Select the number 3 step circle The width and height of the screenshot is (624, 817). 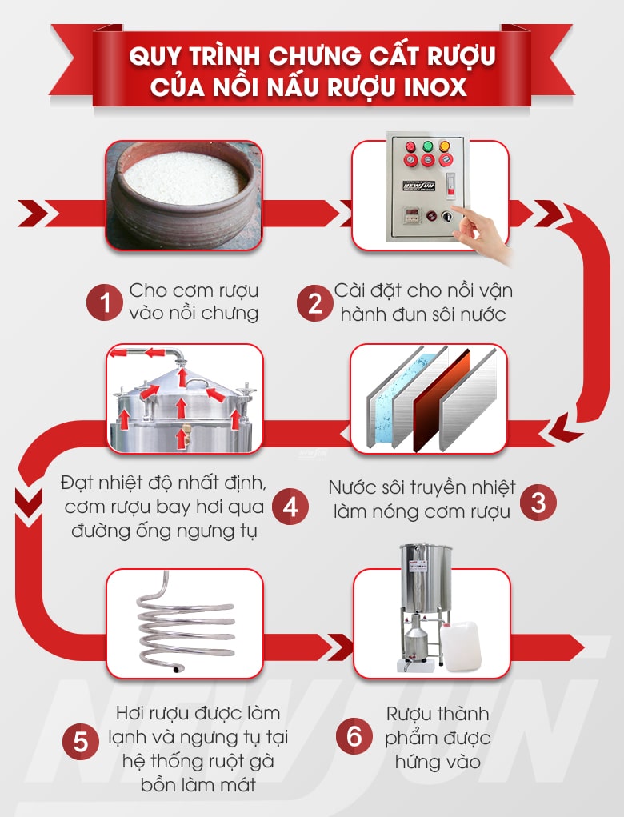538,502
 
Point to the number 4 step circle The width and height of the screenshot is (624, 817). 290,507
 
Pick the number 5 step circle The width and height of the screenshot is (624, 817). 81,740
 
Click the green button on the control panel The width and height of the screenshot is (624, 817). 428,147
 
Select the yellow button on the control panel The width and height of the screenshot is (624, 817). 445,147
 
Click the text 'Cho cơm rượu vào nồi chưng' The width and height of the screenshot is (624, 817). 194,302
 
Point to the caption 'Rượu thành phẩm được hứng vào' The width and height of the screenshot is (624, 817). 438,737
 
